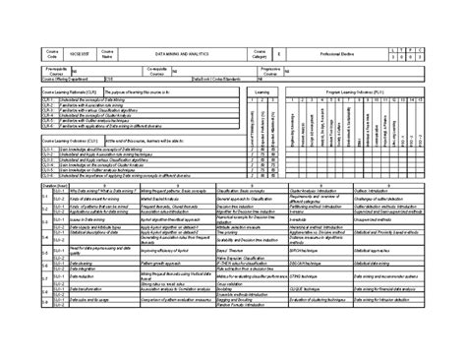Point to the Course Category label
(x=260, y=50)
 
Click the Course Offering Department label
(x=69, y=79)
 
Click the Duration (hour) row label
(x=44, y=184)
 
